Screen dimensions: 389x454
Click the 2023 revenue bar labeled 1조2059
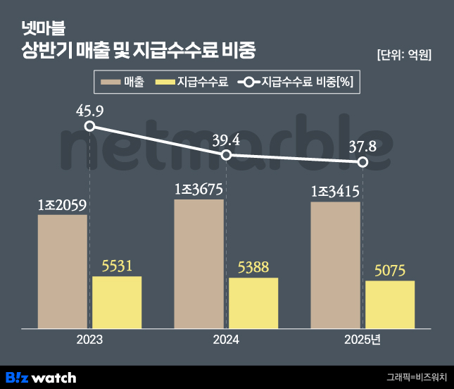63,271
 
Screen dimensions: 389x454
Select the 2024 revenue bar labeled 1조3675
199,264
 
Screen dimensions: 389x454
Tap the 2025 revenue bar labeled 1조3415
335,265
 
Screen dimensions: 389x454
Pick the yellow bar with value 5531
117,302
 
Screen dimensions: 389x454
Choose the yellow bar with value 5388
253,302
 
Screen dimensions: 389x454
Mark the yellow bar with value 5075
390,304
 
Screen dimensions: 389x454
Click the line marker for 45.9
89,126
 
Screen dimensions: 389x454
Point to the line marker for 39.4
226,154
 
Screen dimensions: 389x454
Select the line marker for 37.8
362,162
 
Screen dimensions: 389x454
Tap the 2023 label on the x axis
89,340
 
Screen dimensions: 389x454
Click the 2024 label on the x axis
226,340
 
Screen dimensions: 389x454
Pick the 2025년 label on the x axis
363,340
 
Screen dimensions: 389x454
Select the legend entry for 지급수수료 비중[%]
296,82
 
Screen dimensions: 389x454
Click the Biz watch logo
40,377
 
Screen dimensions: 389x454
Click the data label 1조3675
199,190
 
